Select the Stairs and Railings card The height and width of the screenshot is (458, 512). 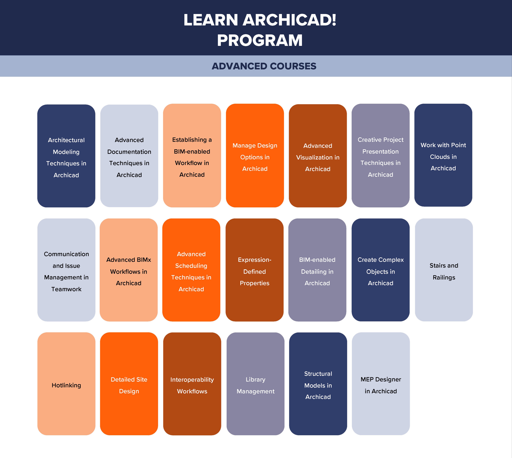point(444,270)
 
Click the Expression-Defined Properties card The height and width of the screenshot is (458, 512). point(255,270)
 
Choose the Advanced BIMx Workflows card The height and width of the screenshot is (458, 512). point(129,270)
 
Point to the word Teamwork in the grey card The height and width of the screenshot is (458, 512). point(66,289)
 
